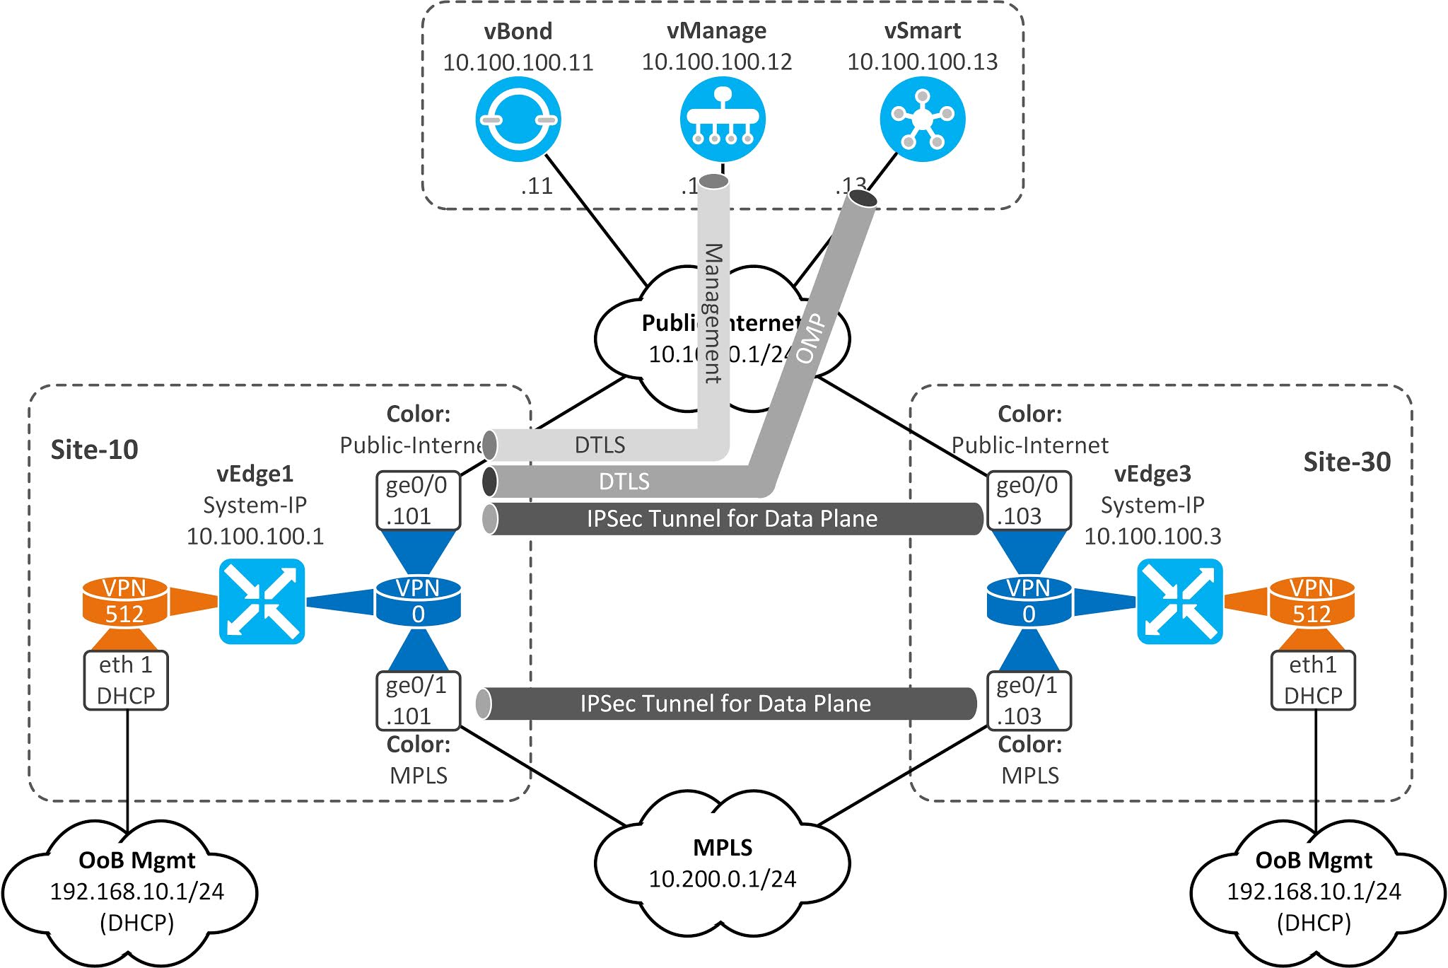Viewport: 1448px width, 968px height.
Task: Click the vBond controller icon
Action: (518, 119)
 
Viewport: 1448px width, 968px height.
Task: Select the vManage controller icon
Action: (722, 119)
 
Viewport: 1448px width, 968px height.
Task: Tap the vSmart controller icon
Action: (923, 119)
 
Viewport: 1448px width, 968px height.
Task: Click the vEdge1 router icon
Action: (262, 602)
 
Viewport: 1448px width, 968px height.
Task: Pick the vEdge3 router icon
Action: (1179, 602)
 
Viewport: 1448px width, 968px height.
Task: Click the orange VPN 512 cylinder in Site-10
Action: (125, 602)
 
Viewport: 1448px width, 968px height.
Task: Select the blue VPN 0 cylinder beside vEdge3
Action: (1029, 602)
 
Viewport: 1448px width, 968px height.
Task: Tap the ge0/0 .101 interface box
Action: (417, 501)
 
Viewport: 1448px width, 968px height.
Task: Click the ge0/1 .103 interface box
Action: (1028, 701)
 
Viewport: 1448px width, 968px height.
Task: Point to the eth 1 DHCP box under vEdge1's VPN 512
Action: (126, 680)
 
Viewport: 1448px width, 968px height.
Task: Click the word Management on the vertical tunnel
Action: (713, 313)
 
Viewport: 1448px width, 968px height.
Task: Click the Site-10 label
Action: (95, 450)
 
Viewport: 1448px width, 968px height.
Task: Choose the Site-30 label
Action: (1346, 462)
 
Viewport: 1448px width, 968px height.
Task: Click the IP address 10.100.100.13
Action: (922, 62)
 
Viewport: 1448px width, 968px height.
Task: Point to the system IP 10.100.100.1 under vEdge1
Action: (255, 536)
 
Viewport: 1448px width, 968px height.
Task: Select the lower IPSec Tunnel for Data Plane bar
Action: (725, 704)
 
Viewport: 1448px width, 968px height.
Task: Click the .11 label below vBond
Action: (537, 186)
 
